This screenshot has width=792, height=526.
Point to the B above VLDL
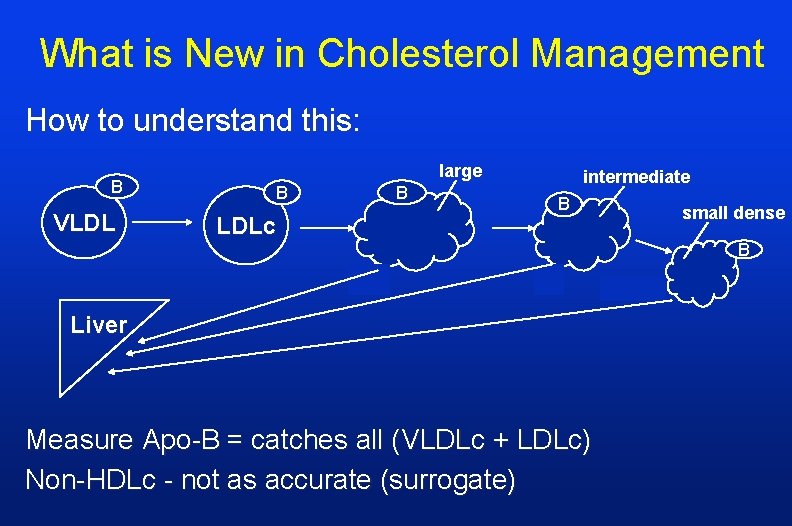click(117, 186)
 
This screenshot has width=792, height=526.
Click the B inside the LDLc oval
click(282, 191)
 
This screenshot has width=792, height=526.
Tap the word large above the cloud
click(460, 171)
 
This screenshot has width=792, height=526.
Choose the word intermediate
click(636, 177)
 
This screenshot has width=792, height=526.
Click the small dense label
click(733, 212)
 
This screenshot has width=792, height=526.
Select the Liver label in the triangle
click(99, 324)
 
